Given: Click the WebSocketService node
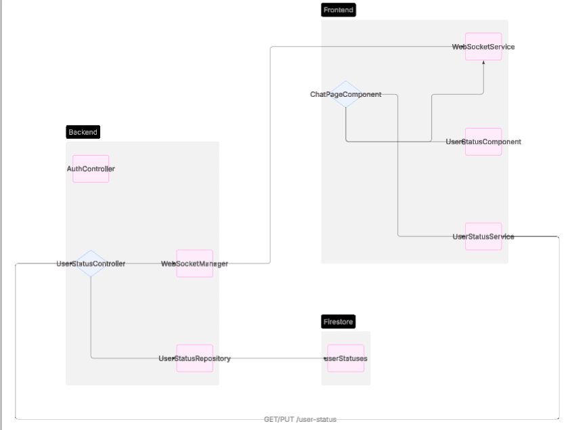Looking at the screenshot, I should coord(483,47).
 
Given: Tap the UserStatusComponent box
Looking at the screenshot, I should coord(483,142).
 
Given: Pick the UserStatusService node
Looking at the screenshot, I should coord(483,236).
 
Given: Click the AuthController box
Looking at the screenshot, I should coord(91,169).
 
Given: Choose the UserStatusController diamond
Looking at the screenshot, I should coord(91,263).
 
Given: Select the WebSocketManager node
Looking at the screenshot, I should coord(194,263).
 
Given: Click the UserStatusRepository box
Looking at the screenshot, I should coord(194,358).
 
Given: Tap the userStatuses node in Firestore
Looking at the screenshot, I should coord(346,358).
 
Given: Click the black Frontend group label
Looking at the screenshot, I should coord(338,10).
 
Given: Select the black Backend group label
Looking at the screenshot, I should coord(83,132).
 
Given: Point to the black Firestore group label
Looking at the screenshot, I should coord(338,322).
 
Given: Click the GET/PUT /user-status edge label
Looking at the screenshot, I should coord(300,419).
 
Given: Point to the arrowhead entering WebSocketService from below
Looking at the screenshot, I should coord(483,62).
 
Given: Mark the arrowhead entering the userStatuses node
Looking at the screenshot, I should coord(326,358).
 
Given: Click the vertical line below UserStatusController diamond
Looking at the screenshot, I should coord(91,318).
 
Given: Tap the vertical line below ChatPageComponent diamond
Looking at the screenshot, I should coord(346,125).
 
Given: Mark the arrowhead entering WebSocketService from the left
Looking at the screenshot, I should coord(464,47).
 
